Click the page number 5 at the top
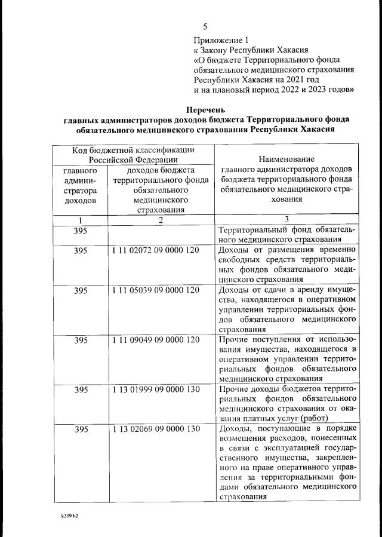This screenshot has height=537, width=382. coord(205,27)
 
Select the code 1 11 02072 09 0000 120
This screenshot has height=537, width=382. coord(155,250)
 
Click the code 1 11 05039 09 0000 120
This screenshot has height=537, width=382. coord(155,290)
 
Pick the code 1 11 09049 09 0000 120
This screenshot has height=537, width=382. coord(155,340)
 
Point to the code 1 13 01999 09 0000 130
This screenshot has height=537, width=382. coord(155,389)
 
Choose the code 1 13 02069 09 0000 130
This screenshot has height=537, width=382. coord(155,429)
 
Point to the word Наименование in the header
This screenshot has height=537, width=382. coord(286,159)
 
